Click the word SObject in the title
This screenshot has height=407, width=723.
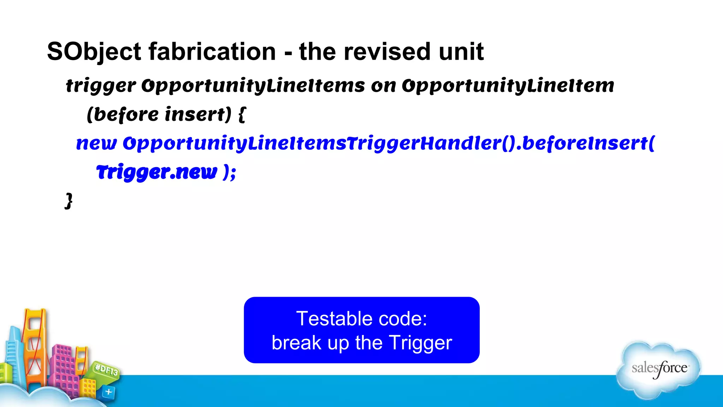(94, 52)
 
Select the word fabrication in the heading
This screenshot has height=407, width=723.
(212, 52)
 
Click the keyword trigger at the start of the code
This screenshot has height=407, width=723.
(101, 86)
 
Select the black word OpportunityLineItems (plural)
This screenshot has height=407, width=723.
(253, 86)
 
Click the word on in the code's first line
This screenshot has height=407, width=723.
(383, 86)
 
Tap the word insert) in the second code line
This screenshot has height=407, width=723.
(198, 114)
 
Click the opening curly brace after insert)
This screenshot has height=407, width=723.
(242, 114)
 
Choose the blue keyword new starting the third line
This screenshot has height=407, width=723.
(96, 143)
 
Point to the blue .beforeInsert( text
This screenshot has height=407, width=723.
(586, 143)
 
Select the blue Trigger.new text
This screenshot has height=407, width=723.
(156, 172)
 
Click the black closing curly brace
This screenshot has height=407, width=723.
(69, 201)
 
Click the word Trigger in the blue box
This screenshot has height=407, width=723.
(420, 343)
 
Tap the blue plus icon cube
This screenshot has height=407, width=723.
(108, 392)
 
